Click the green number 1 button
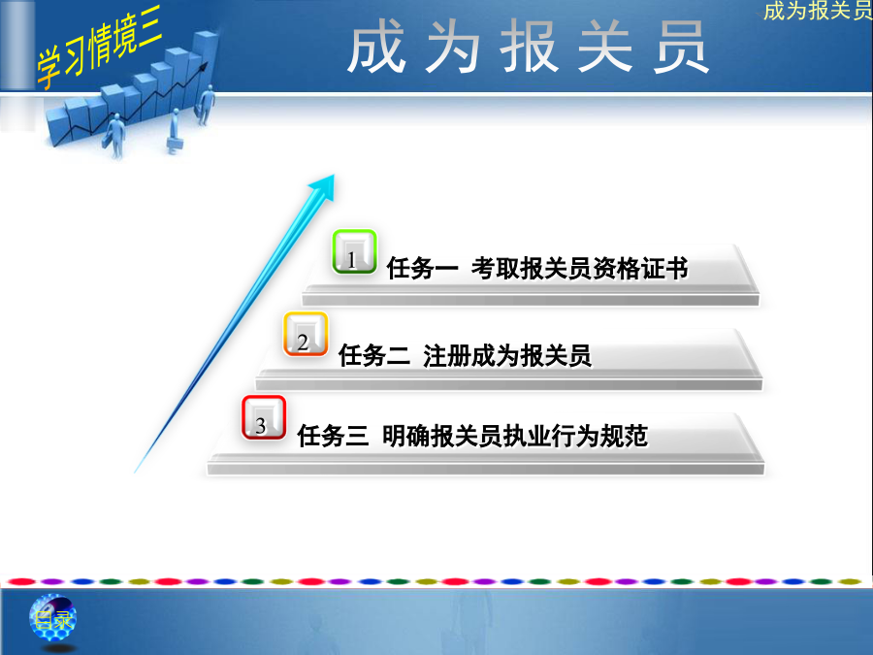pyautogui.click(x=354, y=251)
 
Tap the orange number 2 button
pyautogui.click(x=306, y=334)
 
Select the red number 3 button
pyautogui.click(x=264, y=417)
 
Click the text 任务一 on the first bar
pyautogui.click(x=422, y=268)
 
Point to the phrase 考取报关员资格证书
pyautogui.click(x=580, y=268)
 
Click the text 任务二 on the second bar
pyautogui.click(x=374, y=355)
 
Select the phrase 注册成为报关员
pyautogui.click(x=507, y=355)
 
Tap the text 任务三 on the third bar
pyautogui.click(x=333, y=435)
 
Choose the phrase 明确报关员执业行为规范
pyautogui.click(x=515, y=435)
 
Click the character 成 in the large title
pyautogui.click(x=376, y=47)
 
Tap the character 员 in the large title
pyautogui.click(x=681, y=47)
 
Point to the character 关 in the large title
pyautogui.click(x=605, y=47)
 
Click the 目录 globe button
pyautogui.click(x=52, y=618)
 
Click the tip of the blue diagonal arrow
pyautogui.click(x=334, y=175)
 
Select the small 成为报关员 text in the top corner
pyautogui.click(x=818, y=11)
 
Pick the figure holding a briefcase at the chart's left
pyautogui.click(x=115, y=135)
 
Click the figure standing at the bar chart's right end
pyautogui.click(x=207, y=105)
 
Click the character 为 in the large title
pyautogui.click(x=454, y=47)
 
